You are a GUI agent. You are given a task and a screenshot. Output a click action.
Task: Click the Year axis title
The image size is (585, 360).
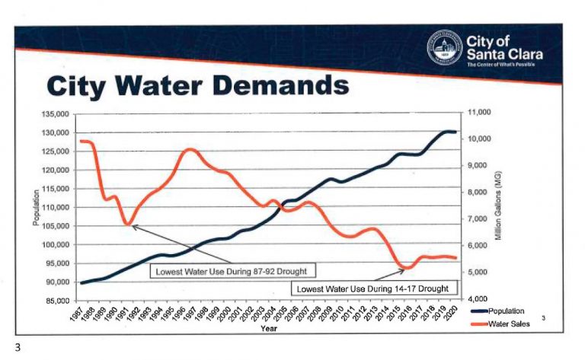pyautogui.click(x=268, y=329)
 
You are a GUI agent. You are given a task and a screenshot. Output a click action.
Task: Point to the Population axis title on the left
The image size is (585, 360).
pyautogui.click(x=36, y=208)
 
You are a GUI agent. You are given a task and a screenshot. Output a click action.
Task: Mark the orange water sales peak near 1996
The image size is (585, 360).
pyautogui.click(x=190, y=150)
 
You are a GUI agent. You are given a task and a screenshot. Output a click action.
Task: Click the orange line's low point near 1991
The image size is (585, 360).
pyautogui.click(x=128, y=225)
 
